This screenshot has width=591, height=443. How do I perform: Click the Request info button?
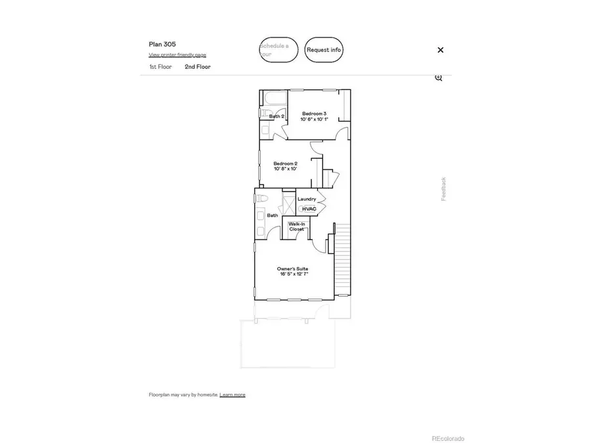324,50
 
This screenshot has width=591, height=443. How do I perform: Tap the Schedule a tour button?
278,50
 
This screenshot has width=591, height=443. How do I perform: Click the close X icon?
441,50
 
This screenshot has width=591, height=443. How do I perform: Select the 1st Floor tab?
160,67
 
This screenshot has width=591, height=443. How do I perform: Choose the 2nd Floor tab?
198,67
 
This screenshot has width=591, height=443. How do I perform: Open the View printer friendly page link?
177,55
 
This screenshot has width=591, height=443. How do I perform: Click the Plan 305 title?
162,44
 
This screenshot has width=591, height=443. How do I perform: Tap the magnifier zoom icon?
439,77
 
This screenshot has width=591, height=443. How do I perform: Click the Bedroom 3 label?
315,114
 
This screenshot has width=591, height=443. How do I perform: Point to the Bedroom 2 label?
286,163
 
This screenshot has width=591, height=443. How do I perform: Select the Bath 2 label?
276,116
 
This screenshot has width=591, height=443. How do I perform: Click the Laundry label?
307,199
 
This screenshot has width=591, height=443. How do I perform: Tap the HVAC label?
309,209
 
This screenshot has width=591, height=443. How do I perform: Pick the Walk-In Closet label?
297,226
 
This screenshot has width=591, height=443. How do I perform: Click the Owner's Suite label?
292,269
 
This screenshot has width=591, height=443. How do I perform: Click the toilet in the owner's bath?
261,198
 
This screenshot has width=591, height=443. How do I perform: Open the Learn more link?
232,394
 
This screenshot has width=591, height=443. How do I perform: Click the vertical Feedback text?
443,189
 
